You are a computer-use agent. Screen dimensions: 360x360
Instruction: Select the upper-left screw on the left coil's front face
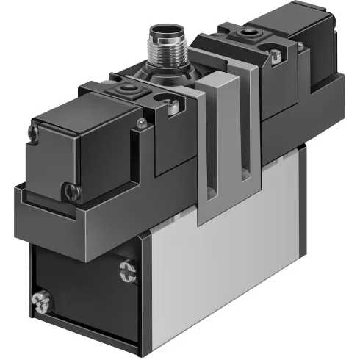[x=33, y=133]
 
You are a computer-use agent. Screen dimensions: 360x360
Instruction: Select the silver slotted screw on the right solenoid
[x=276, y=54]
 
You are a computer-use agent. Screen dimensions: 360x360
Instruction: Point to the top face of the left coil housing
[x=81, y=110]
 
